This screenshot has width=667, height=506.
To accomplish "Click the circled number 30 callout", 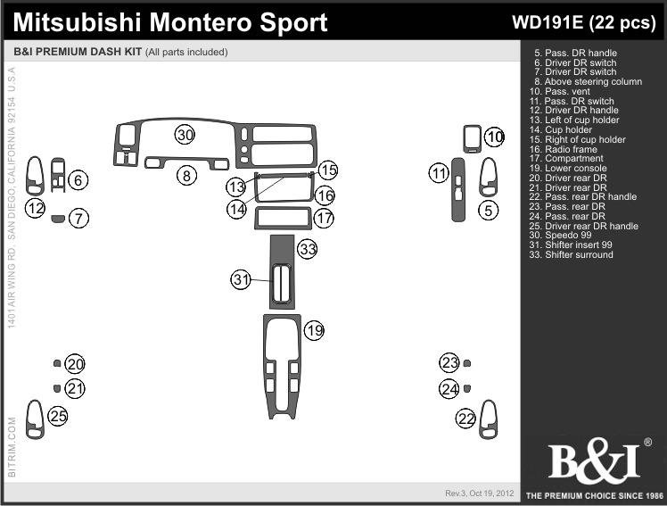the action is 185,135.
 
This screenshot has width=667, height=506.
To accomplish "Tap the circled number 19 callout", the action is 315,330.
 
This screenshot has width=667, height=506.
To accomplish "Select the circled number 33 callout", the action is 308,248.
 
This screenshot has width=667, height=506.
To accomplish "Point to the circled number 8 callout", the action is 186,175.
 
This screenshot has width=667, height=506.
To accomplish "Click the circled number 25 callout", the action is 58,416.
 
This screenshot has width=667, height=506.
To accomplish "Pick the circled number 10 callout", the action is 494,137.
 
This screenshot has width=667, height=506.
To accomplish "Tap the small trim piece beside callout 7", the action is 57,219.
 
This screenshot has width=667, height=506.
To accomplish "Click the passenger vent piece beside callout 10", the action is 473,138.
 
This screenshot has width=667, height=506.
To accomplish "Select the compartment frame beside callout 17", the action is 283,218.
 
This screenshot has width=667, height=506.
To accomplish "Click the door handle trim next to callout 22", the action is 489,419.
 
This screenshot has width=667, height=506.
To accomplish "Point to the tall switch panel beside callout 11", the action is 457,190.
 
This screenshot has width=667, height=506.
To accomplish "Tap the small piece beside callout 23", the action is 466,363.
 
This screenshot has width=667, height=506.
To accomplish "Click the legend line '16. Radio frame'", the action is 563,149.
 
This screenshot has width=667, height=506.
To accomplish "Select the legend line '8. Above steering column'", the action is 588,82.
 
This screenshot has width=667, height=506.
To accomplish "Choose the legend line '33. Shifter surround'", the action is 571,255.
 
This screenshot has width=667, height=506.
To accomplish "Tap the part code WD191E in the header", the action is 548,22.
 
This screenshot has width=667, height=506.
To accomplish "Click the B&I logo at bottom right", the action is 596,461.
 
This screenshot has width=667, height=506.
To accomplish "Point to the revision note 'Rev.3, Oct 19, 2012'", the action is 480,494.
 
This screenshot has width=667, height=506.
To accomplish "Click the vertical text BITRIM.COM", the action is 12,447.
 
